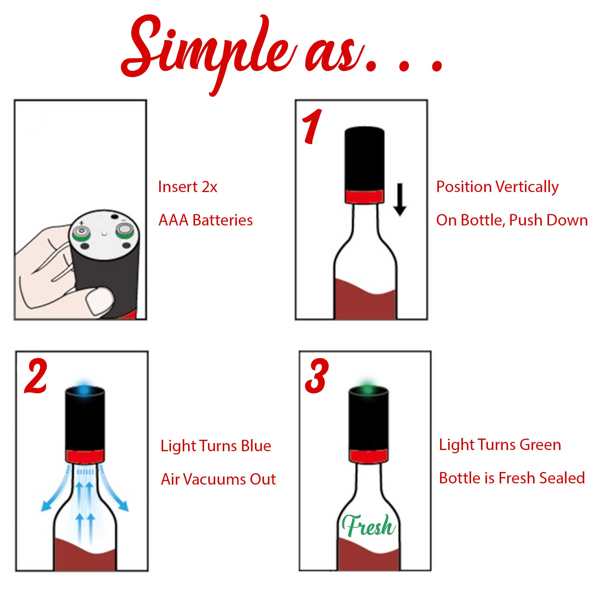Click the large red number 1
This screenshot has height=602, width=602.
point(312,127)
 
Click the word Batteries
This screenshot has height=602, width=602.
point(222,220)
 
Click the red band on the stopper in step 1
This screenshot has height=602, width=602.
point(364,196)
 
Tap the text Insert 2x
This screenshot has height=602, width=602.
point(188,187)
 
